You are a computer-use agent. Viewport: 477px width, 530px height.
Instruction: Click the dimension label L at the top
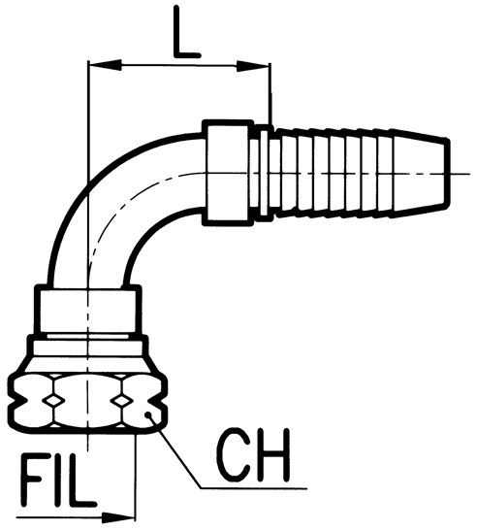point(187,32)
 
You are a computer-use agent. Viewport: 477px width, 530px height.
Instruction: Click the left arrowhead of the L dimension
point(105,65)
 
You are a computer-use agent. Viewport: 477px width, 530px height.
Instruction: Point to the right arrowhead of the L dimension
point(253,66)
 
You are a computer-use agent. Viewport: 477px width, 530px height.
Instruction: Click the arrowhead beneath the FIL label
point(118,516)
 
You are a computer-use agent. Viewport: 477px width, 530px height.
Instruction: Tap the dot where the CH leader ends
point(147,414)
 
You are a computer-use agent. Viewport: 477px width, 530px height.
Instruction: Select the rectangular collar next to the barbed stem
point(228,173)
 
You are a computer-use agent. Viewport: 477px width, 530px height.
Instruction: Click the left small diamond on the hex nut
point(52,400)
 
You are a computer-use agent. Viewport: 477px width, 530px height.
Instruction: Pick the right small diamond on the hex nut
point(121,401)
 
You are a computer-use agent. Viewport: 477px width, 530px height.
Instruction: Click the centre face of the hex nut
point(87,401)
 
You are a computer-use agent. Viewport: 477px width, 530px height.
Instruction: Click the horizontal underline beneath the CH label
point(254,488)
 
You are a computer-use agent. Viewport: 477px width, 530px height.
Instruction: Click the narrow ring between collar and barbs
point(265,173)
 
